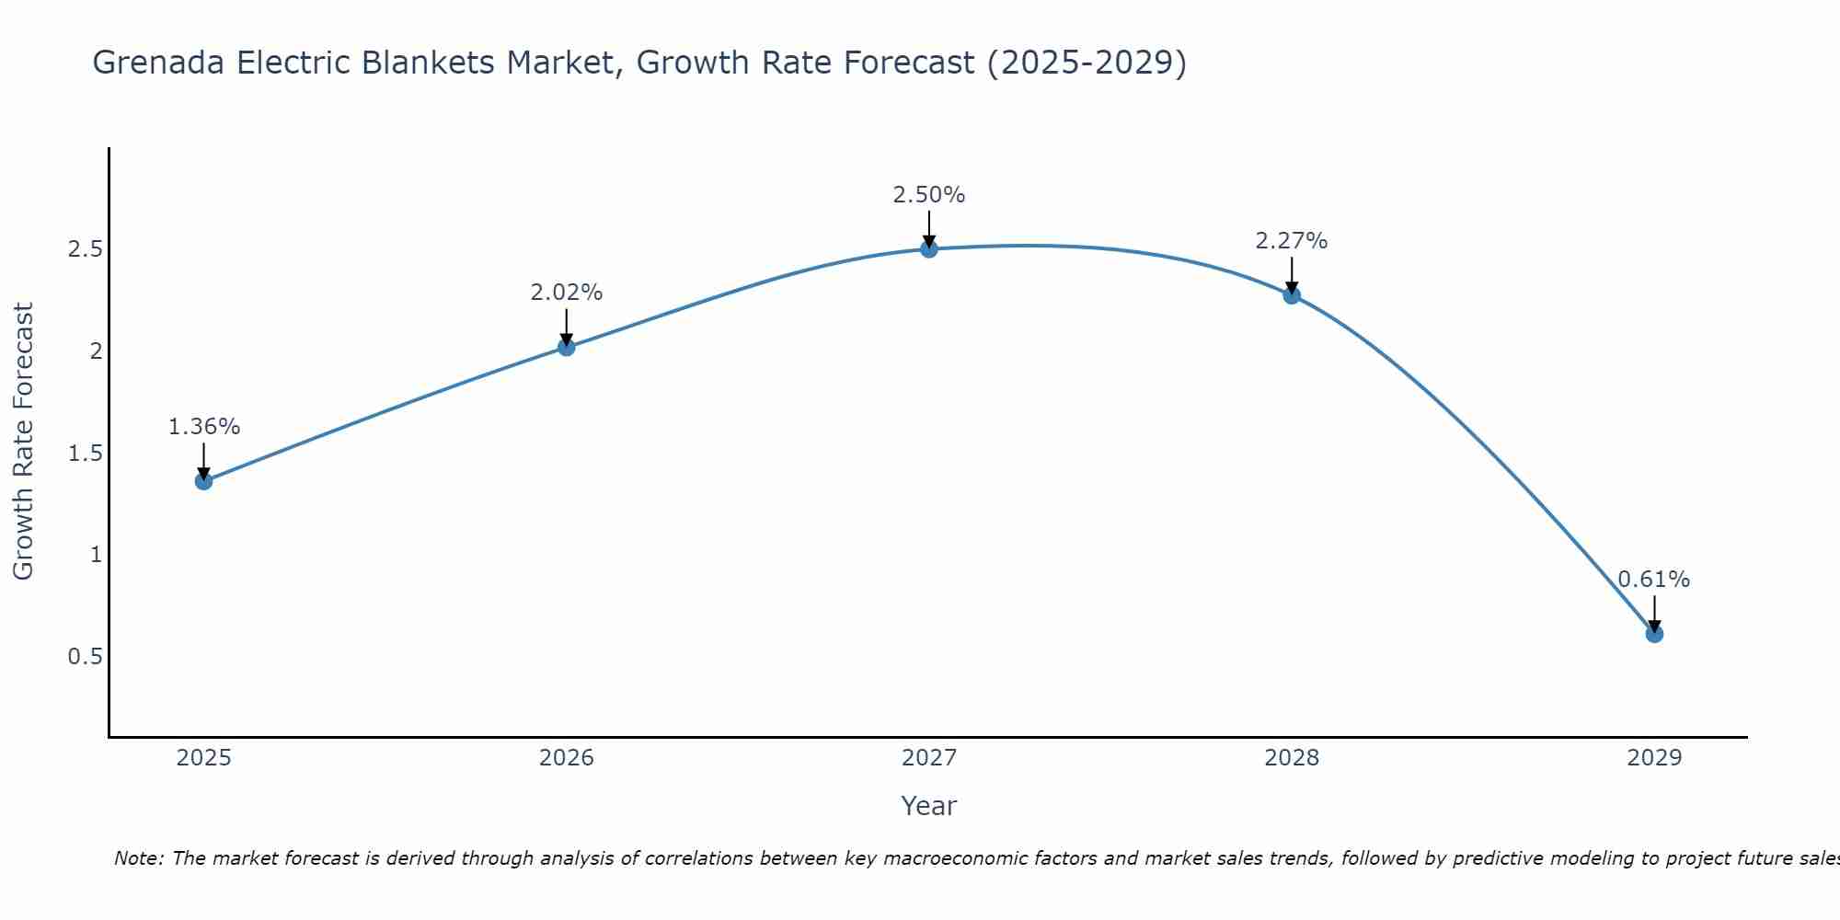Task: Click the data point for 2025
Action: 204,481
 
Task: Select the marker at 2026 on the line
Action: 567,347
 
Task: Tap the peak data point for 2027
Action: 929,248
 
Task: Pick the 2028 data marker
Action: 1292,295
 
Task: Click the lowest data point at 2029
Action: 1654,634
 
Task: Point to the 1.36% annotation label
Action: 204,427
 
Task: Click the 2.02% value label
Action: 567,293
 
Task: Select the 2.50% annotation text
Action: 929,195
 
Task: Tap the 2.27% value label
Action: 1292,241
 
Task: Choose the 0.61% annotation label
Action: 1654,580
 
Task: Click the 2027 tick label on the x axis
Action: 929,758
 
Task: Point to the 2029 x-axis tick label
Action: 1654,758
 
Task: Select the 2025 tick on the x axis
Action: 204,758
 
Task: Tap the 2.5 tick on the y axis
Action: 85,249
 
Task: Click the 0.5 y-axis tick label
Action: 85,657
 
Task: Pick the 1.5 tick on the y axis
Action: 85,454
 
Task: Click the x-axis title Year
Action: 929,806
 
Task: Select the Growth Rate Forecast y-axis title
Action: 24,442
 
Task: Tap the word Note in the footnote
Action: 138,858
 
